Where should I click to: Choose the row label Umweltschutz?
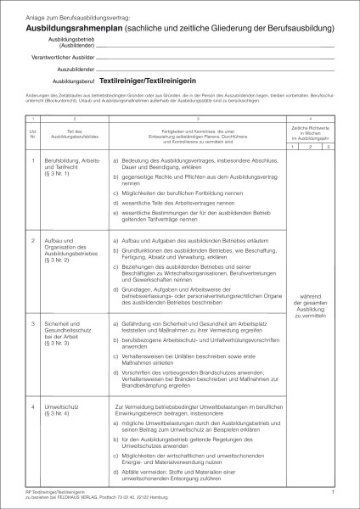(53, 408)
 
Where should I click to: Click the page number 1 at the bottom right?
(334, 491)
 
